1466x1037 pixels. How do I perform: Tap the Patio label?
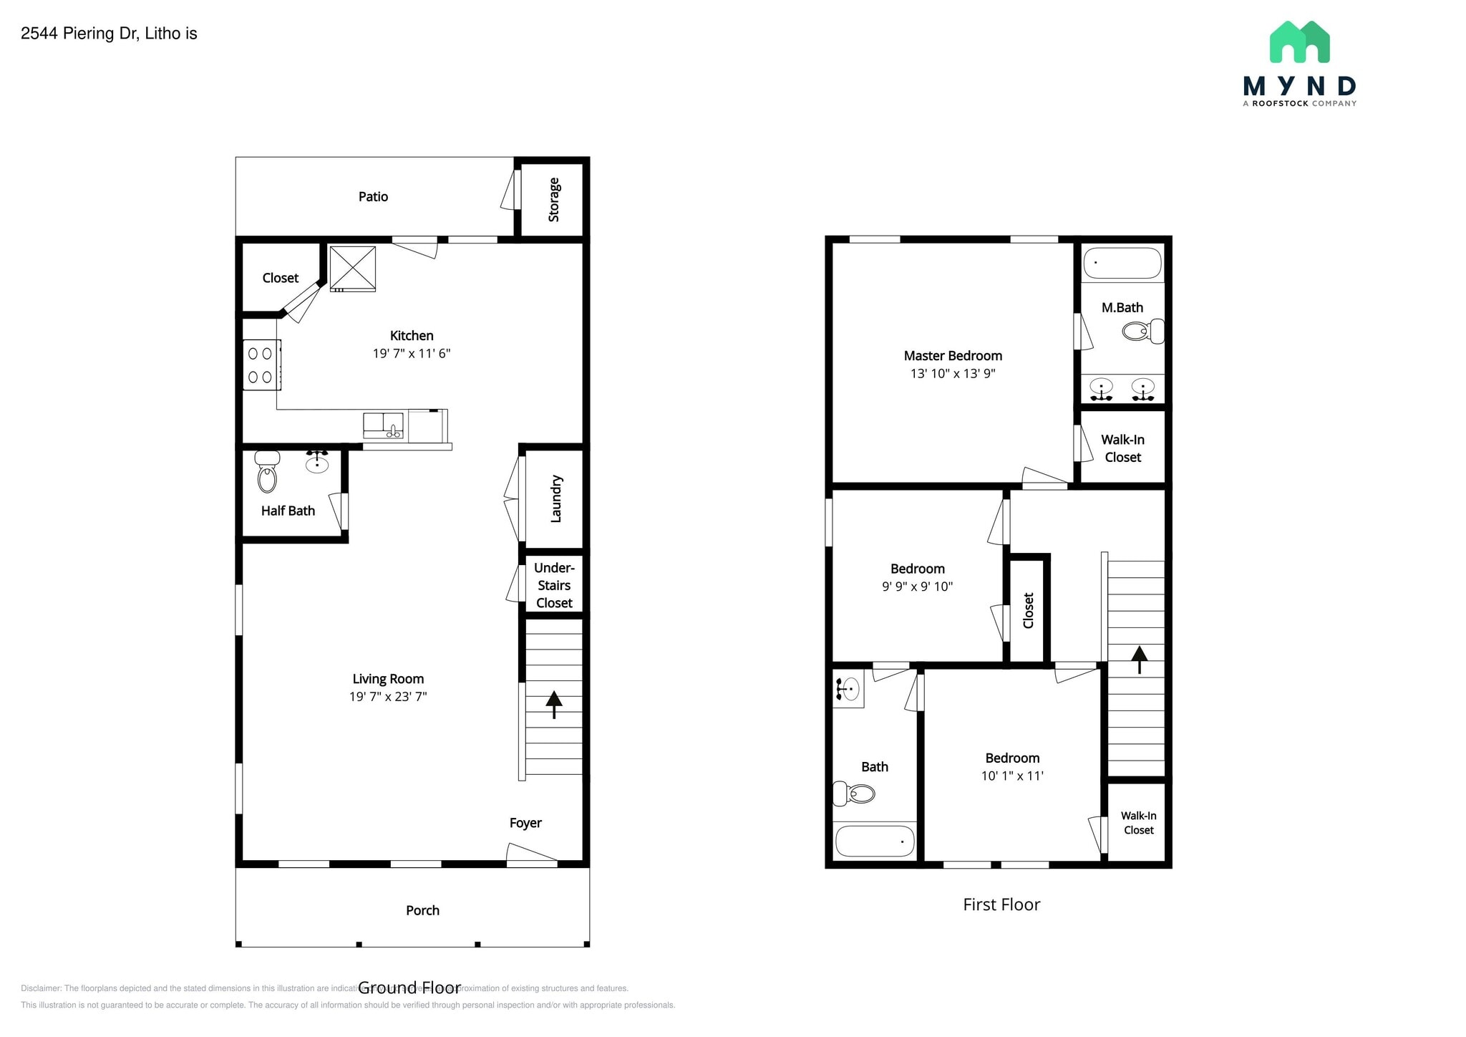pos(373,196)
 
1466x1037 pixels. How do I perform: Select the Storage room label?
pos(553,200)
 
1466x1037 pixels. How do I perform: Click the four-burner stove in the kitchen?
pos(261,365)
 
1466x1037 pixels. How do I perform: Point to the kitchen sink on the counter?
pos(383,425)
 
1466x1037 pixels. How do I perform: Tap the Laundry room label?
pos(555,498)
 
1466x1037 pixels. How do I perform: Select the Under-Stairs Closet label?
pos(554,585)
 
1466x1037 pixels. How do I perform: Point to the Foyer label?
pos(525,823)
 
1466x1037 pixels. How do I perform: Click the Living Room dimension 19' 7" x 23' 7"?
pos(388,696)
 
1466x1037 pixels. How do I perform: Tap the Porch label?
pos(422,910)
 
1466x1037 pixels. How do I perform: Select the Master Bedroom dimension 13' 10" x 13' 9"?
pos(953,373)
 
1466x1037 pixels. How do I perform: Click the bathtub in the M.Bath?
pos(1122,264)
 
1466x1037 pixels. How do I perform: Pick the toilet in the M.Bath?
pos(1142,331)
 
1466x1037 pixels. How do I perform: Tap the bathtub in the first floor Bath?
pos(875,841)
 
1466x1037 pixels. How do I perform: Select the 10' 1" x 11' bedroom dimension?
pos(1012,776)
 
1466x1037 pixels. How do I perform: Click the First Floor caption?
pos(1001,905)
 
